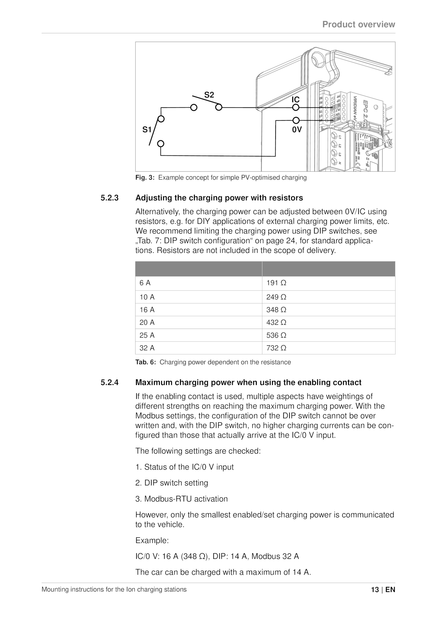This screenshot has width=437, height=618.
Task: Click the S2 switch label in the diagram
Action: coord(209,95)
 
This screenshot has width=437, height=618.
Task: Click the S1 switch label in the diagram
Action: coord(147,130)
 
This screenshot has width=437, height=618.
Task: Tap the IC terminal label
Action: coord(296,100)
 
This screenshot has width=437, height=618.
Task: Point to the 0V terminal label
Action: coord(297,130)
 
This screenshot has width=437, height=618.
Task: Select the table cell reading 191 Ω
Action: coord(276,283)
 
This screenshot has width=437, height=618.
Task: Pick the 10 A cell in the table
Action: coord(147,297)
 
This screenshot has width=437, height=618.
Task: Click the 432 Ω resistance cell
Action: coord(276,323)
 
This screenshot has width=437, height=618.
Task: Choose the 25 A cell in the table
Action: coord(147,335)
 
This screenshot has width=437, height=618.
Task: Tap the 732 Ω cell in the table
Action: coord(276,348)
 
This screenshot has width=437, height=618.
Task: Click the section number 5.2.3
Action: coord(110,198)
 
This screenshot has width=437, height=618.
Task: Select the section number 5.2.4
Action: coord(110,382)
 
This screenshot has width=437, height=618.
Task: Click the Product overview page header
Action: coord(359,24)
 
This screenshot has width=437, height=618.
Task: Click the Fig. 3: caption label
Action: coord(145,178)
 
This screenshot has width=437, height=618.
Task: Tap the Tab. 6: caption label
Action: coord(146,362)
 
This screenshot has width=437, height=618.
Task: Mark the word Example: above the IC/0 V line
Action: coord(152,540)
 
